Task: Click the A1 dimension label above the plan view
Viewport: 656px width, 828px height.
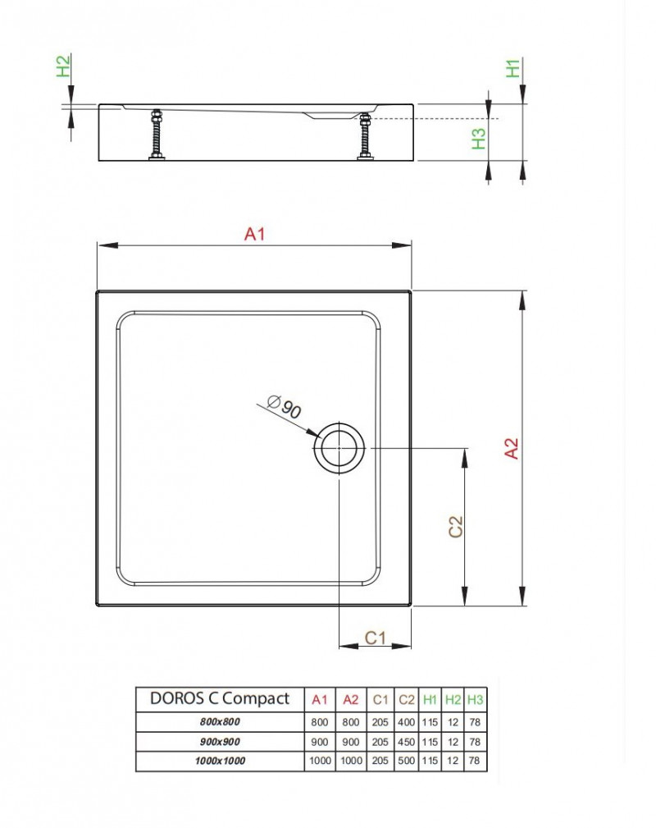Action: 255,235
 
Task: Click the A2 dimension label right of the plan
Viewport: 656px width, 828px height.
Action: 512,448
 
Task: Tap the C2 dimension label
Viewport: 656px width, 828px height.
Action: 456,526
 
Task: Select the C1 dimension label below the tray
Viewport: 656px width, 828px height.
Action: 376,637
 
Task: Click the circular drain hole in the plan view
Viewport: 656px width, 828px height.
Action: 339,448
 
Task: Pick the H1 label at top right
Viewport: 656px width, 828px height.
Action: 513,68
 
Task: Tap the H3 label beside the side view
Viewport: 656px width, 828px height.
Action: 480,139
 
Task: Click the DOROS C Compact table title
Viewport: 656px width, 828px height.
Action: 219,699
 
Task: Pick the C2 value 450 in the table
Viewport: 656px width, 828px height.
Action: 406,742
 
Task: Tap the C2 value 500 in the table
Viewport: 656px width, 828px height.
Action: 406,761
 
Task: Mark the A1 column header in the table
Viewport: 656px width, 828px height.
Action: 320,700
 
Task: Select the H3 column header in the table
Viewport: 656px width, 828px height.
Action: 475,700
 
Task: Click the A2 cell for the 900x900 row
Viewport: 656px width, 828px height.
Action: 351,742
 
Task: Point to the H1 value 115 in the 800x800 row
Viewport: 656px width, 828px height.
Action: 430,722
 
